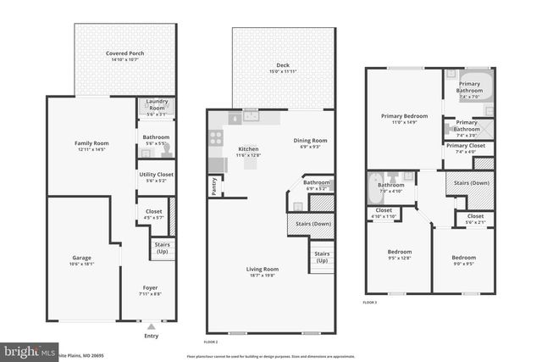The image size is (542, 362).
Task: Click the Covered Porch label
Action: [x=124, y=53]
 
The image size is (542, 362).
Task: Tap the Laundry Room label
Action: [x=156, y=104]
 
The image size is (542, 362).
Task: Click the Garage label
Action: [x=82, y=258]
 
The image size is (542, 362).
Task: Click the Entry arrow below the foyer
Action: [x=151, y=326]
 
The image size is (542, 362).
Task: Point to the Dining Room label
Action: [x=310, y=141]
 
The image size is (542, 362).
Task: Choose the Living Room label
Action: [x=265, y=270]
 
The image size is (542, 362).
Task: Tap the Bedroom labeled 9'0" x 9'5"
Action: [x=462, y=258]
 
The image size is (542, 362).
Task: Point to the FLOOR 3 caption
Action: [x=370, y=302]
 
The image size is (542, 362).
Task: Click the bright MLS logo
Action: [x=28, y=350]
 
